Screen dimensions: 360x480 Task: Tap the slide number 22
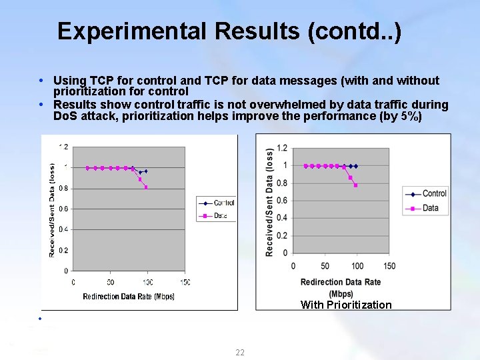pos(240,352)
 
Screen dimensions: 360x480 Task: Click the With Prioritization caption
pos(346,305)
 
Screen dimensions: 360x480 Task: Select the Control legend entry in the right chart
pos(434,193)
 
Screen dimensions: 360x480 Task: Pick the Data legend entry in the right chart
pos(431,208)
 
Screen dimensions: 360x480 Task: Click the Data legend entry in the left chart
pos(221,215)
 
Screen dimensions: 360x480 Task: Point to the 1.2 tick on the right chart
pos(282,147)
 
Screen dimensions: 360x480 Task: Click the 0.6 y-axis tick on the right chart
pos(282,200)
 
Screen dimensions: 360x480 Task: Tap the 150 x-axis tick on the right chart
pos(389,266)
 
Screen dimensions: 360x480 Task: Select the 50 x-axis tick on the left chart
pos(110,282)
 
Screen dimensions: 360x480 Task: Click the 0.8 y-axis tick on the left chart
pos(61,188)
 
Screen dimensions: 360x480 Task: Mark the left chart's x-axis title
pos(129,297)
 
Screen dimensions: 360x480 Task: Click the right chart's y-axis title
pos(269,201)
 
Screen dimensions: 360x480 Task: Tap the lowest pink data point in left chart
pos(146,187)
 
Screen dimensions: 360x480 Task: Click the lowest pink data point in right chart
pos(356,185)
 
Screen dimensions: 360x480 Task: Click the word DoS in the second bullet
pos(65,116)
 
